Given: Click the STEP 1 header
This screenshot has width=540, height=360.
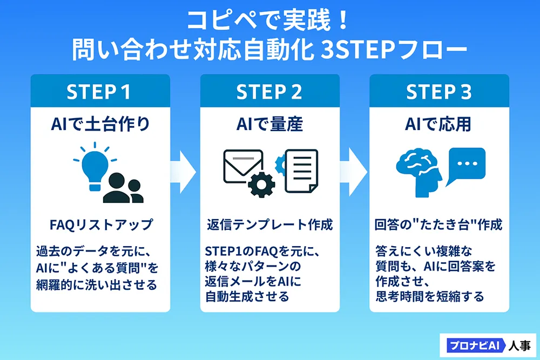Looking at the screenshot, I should click(99, 92).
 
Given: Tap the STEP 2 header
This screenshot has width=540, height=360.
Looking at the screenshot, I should click(269, 92).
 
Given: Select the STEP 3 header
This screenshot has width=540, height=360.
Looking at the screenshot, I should click(439, 92).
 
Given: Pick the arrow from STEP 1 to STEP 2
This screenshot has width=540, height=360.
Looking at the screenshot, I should click(185, 169).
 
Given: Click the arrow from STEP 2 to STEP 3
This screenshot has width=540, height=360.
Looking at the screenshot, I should click(355, 169).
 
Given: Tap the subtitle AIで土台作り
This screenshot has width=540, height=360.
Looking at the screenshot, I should click(100, 124).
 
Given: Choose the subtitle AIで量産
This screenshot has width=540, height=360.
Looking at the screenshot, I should click(269, 124).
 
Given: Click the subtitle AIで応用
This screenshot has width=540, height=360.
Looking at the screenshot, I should click(438, 124).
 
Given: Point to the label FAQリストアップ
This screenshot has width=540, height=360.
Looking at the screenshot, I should click(100, 224).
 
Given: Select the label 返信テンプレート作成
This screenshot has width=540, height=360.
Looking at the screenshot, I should click(269, 224).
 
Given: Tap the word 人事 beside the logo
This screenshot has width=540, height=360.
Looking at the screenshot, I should click(519, 345).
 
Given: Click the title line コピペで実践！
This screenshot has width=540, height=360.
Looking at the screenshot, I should click(269, 22).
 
